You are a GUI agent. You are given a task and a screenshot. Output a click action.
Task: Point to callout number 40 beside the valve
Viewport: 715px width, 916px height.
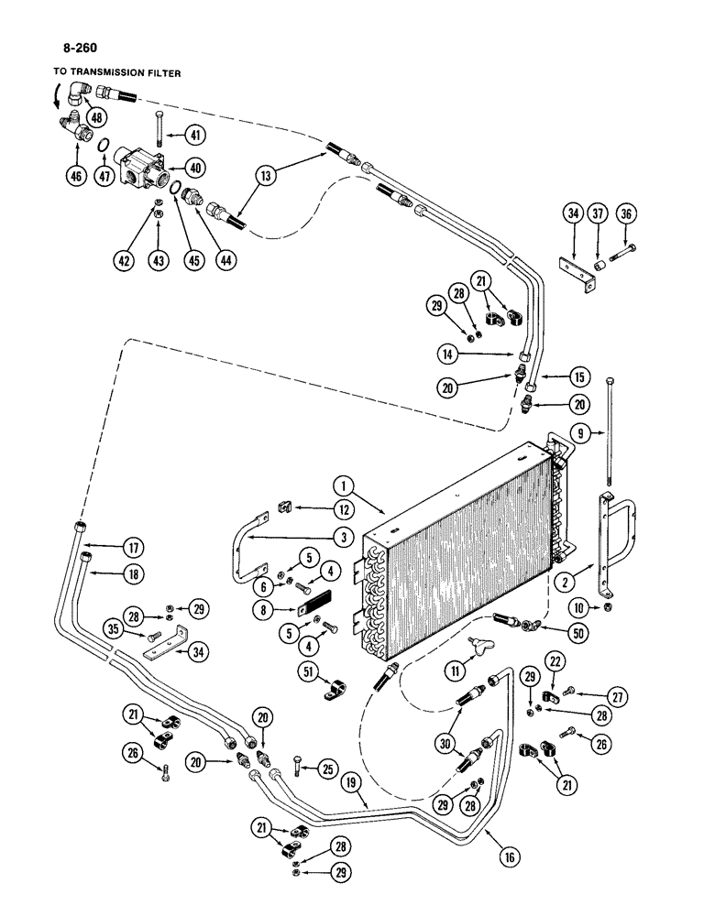194,168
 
